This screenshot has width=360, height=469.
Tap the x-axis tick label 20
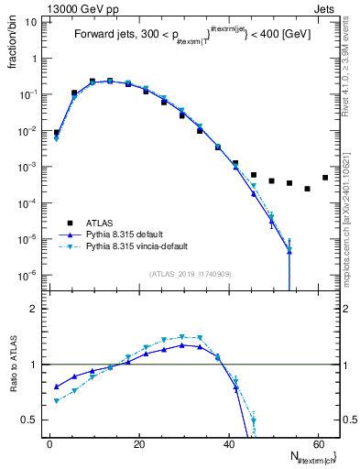138,444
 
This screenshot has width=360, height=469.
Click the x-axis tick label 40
228,444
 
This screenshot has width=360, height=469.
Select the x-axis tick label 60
317,444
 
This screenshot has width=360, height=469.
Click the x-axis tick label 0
49,444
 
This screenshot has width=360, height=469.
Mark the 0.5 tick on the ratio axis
31,420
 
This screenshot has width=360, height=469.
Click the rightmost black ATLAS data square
325,178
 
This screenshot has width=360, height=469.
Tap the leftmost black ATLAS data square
56,133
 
